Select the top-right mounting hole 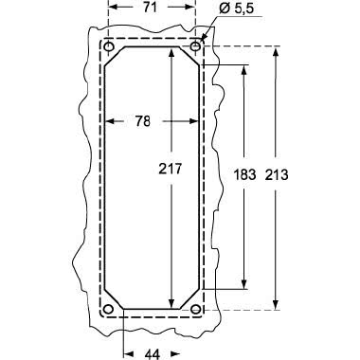tap(195, 46)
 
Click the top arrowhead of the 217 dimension tap(171, 50)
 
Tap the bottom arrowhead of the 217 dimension tap(171, 304)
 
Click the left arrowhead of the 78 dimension tap(108, 121)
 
